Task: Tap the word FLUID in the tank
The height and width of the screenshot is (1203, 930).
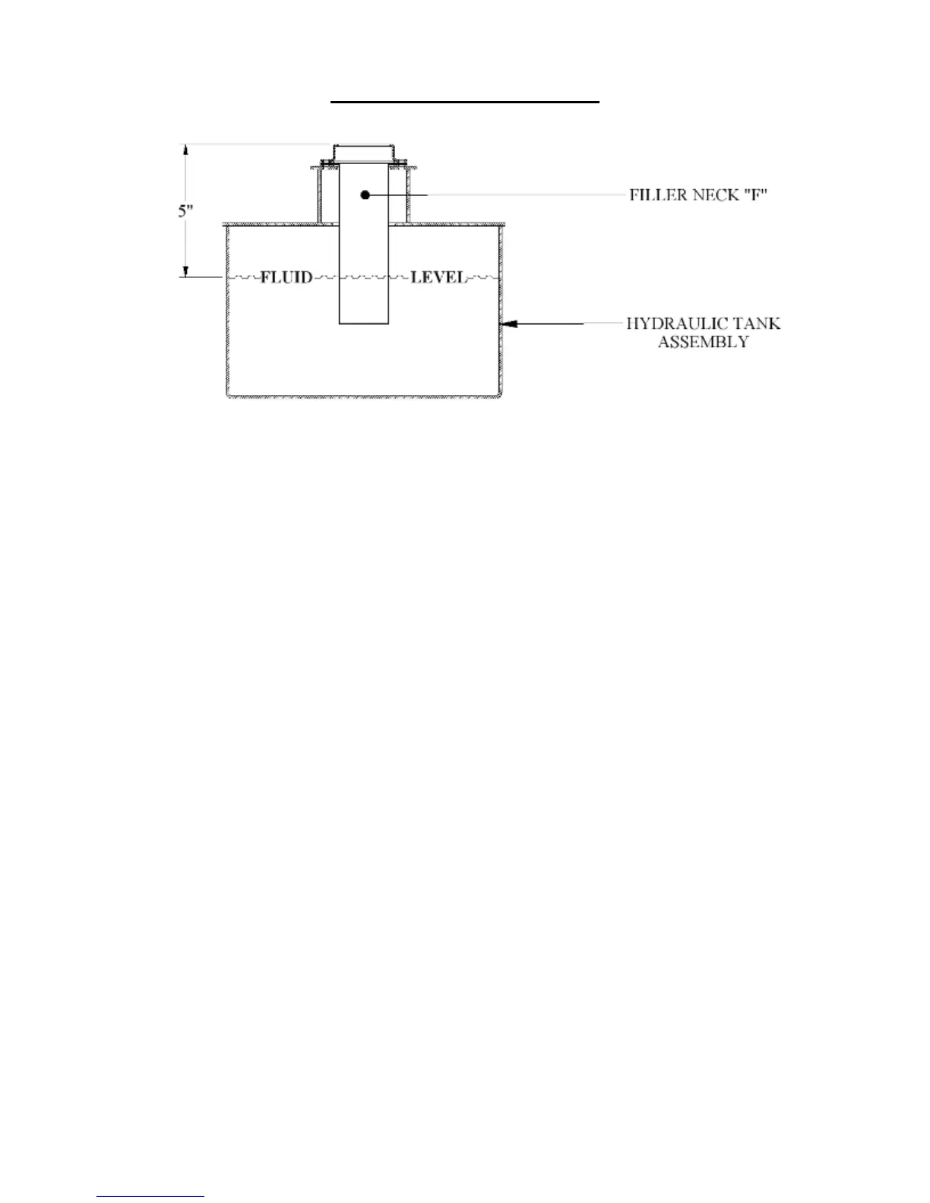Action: [286, 277]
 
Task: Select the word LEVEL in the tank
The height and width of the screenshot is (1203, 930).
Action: [438, 277]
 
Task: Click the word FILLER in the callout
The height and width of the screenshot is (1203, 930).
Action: [655, 195]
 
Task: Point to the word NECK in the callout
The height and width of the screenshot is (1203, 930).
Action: [713, 195]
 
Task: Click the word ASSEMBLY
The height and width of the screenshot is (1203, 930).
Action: [703, 342]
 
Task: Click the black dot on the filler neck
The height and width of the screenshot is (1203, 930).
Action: [365, 195]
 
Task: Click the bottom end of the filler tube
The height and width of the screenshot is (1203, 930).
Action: [364, 324]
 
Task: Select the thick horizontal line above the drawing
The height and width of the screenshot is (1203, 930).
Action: [465, 100]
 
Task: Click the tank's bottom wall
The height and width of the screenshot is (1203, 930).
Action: [364, 396]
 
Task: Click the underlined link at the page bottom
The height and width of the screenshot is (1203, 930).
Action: [150, 1197]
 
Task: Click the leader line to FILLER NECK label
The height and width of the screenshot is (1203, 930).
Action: [524, 195]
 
